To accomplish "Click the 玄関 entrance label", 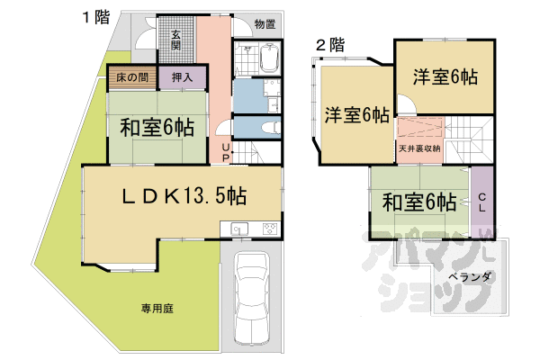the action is point(176,40).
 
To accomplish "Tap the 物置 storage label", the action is point(265,24).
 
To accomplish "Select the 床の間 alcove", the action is point(132,77).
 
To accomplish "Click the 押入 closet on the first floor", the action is point(182,77).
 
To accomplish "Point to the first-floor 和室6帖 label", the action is point(157,128).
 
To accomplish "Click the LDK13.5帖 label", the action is point(184,196).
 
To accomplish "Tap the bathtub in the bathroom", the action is point(269,58).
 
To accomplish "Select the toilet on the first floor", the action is point(272,128).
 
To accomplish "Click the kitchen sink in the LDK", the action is point(239,229).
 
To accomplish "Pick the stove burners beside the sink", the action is point(270,229).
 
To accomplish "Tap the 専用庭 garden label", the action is point(157,309).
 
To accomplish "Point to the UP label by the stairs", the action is point(226,153).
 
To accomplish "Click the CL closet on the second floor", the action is point(482,202).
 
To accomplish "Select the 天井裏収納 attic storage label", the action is point(419,148).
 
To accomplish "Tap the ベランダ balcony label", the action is point(471,276).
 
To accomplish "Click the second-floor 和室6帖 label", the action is point(419,202).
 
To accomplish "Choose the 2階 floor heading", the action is point(330,45).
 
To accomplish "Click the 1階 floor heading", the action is point(96,17).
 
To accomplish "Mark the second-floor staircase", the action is point(469,139).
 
